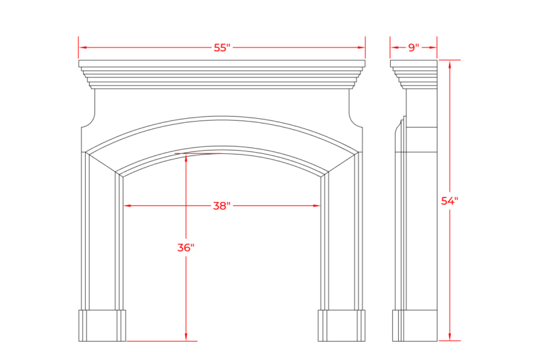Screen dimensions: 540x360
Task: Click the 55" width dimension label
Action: pos(222,47)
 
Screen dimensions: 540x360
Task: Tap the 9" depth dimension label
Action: pos(414,47)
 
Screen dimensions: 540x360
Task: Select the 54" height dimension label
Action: pos(450,201)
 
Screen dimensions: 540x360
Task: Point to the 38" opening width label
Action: pos(221,205)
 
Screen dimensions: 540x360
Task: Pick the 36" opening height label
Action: pos(186,247)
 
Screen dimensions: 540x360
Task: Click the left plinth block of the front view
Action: pos(103,326)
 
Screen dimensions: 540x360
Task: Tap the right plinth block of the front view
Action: pos(342,326)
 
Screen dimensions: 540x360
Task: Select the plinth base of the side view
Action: pos(414,326)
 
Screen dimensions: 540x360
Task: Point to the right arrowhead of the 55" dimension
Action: pos(361,47)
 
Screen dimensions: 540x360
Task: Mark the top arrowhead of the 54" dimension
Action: pos(450,64)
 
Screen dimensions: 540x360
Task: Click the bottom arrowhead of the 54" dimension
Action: pos(450,337)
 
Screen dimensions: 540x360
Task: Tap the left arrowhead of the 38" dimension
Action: pos(127,205)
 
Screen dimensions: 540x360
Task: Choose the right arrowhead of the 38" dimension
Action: pos(317,205)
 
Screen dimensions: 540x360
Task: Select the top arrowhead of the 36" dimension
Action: pos(186,158)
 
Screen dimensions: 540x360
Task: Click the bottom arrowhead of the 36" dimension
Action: pos(186,337)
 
